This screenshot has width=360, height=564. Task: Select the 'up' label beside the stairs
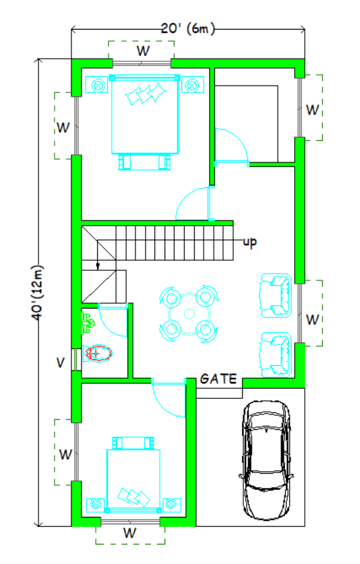pos(249,241)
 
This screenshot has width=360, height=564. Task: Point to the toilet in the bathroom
pos(98,352)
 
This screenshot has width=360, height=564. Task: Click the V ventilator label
pos(61,363)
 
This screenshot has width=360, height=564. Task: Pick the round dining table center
pos(189,313)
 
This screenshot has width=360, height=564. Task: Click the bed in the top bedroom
pos(145,118)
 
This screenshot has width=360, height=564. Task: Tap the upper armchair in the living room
pos(277,294)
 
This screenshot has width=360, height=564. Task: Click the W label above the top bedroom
pos(142,50)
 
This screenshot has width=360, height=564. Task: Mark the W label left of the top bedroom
pos(63,126)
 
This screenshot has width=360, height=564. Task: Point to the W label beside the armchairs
pos(311,319)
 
